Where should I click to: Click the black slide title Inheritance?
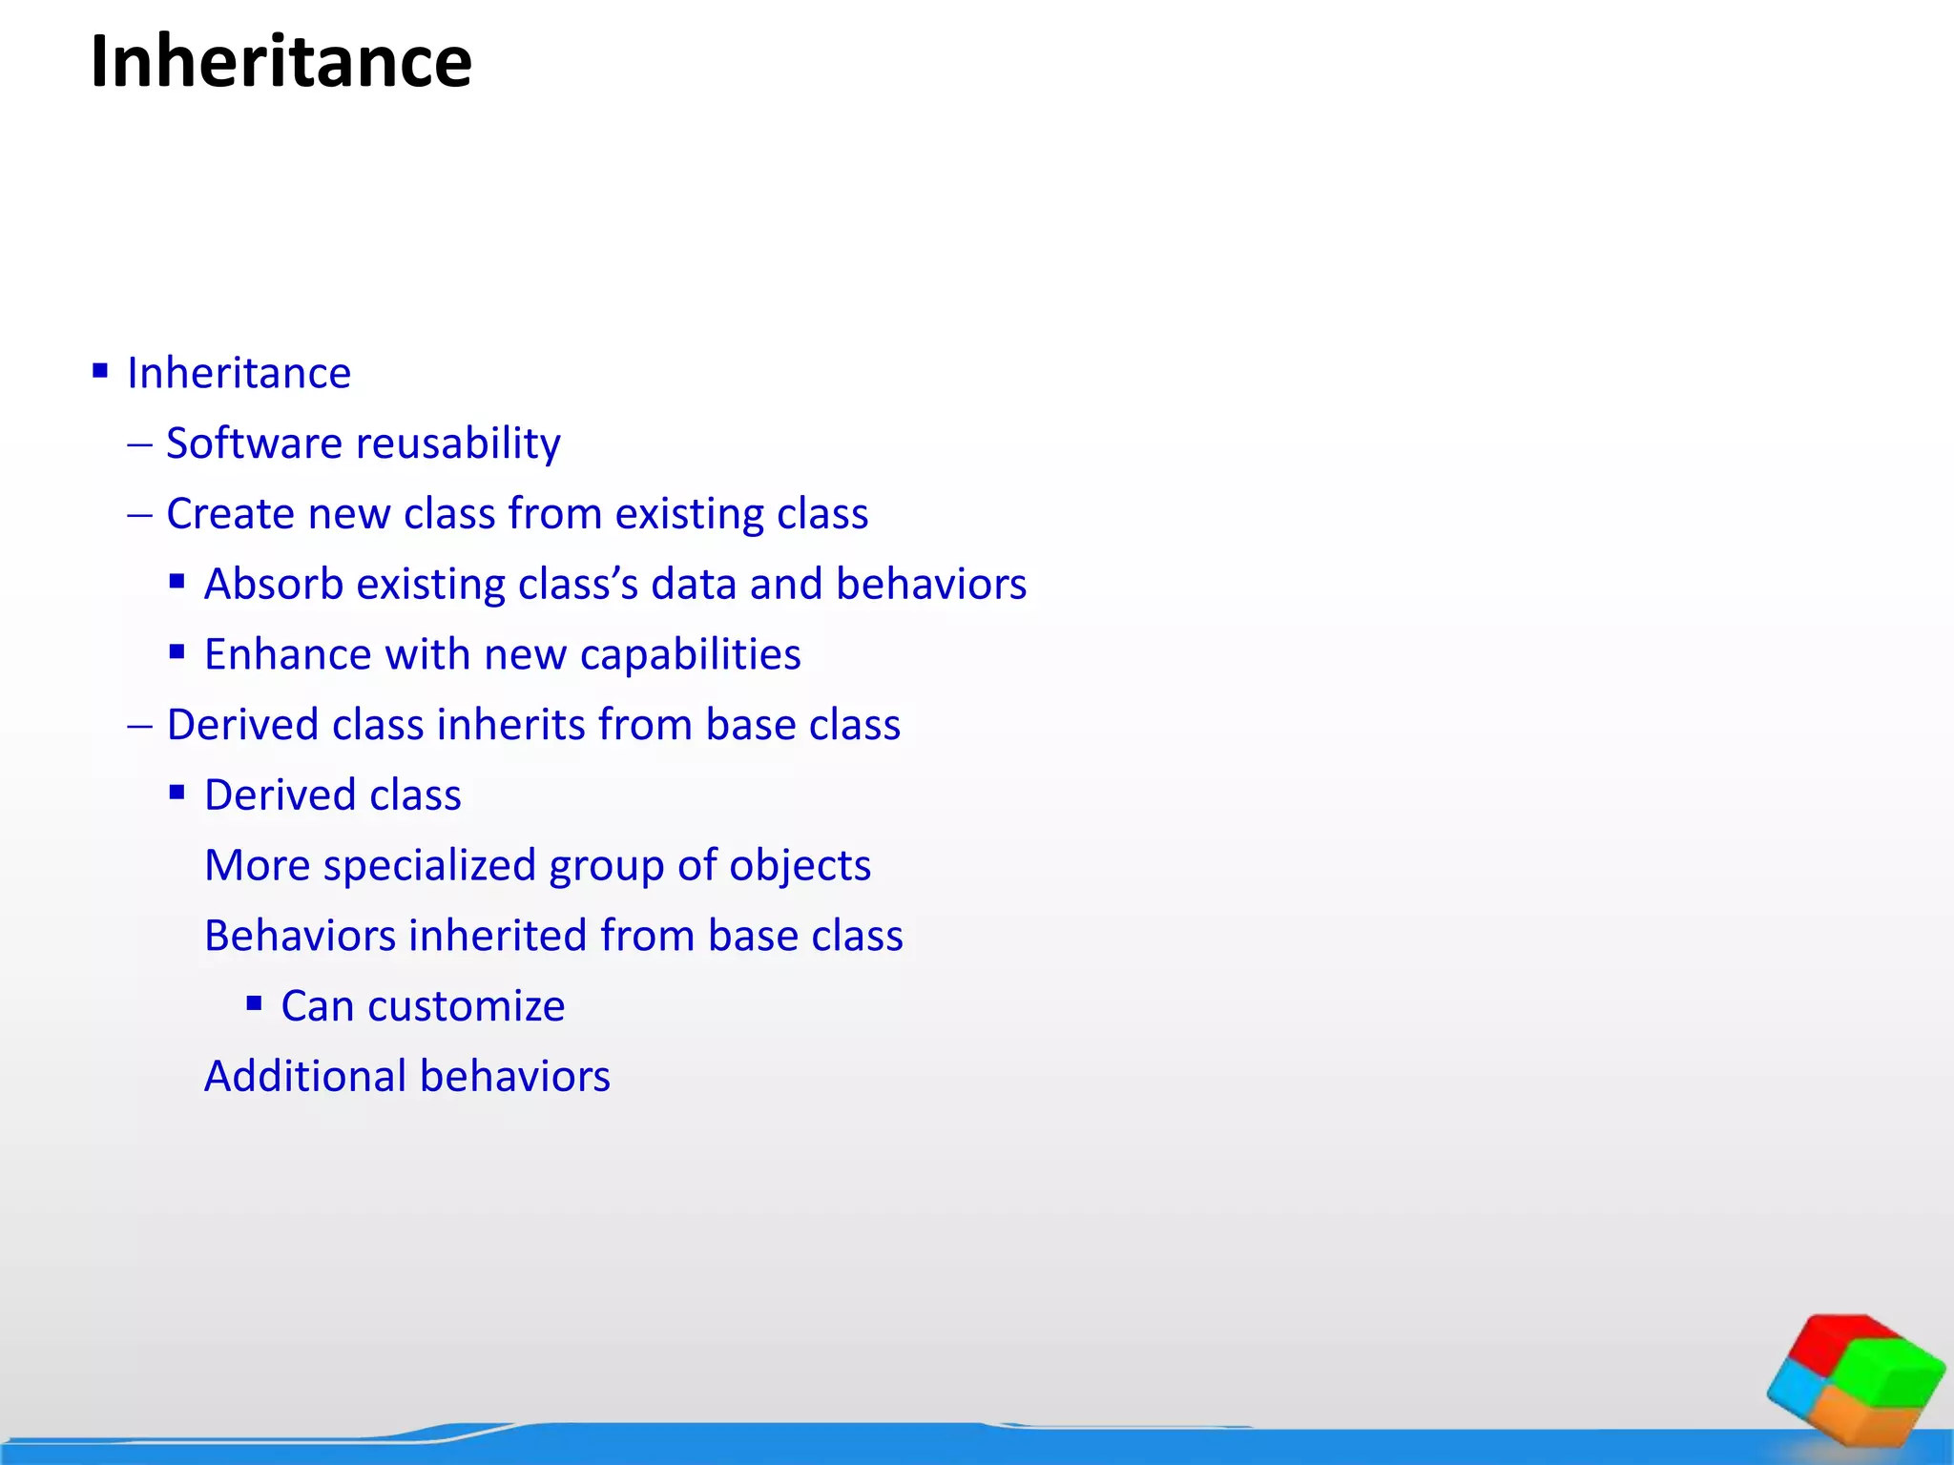(281, 61)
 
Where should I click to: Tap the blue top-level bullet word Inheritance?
(239, 373)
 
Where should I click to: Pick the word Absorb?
(274, 584)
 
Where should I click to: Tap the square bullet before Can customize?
(254, 1003)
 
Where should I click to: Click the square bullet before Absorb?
(177, 581)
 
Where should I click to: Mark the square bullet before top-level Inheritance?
(100, 370)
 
